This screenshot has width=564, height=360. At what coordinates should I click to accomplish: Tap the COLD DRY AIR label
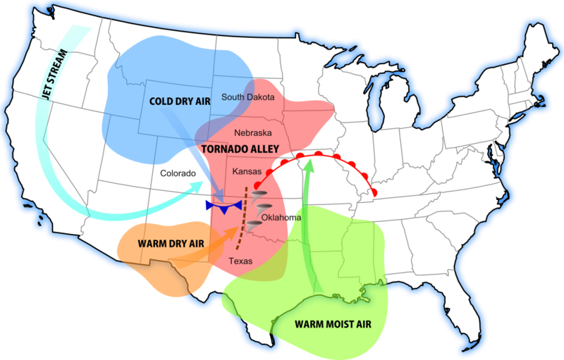180,101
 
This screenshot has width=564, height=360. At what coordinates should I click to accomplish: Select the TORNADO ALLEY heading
240,149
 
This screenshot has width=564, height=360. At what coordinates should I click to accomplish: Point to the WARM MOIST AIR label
331,325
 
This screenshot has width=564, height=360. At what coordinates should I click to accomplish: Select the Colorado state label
178,173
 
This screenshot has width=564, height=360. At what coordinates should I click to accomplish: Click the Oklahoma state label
281,217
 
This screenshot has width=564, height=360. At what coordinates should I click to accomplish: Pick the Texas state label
241,261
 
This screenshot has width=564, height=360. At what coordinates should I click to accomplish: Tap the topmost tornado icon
259,194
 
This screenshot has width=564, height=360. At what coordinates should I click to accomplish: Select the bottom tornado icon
254,225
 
